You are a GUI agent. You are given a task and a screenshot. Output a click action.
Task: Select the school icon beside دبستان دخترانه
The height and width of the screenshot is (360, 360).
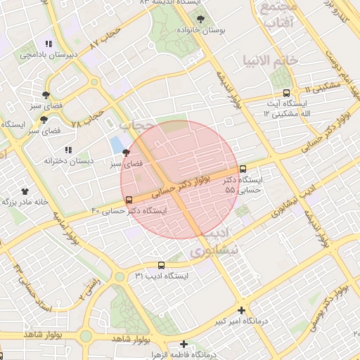(x=68, y=150)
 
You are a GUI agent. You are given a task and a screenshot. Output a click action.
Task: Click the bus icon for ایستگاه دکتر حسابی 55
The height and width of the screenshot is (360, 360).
(x=243, y=169)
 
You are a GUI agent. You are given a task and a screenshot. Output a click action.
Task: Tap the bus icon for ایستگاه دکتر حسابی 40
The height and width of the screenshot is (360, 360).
(x=127, y=200)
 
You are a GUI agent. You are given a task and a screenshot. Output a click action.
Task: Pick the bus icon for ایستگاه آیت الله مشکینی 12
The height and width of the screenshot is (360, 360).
(x=285, y=93)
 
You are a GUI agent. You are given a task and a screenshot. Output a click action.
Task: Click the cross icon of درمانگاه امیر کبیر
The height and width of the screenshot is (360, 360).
(x=242, y=310)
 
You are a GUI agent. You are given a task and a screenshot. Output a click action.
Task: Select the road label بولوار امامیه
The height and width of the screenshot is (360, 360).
(x=70, y=231)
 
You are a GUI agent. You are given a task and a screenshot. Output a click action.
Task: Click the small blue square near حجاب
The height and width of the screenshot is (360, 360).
(x=115, y=146)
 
